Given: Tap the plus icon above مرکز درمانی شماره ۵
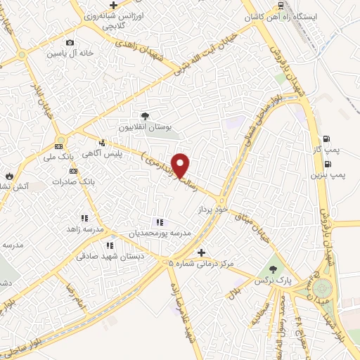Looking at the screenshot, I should pyautogui.click(x=201, y=252).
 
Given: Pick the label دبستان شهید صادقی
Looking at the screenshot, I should pyautogui.click(x=110, y=257).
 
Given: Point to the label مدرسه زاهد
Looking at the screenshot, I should pyautogui.click(x=85, y=229).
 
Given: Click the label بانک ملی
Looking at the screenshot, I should pyautogui.click(x=78, y=156).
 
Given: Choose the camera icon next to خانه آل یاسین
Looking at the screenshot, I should pyautogui.click(x=70, y=44).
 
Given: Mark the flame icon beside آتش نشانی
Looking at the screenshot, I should pyautogui.click(x=9, y=174).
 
